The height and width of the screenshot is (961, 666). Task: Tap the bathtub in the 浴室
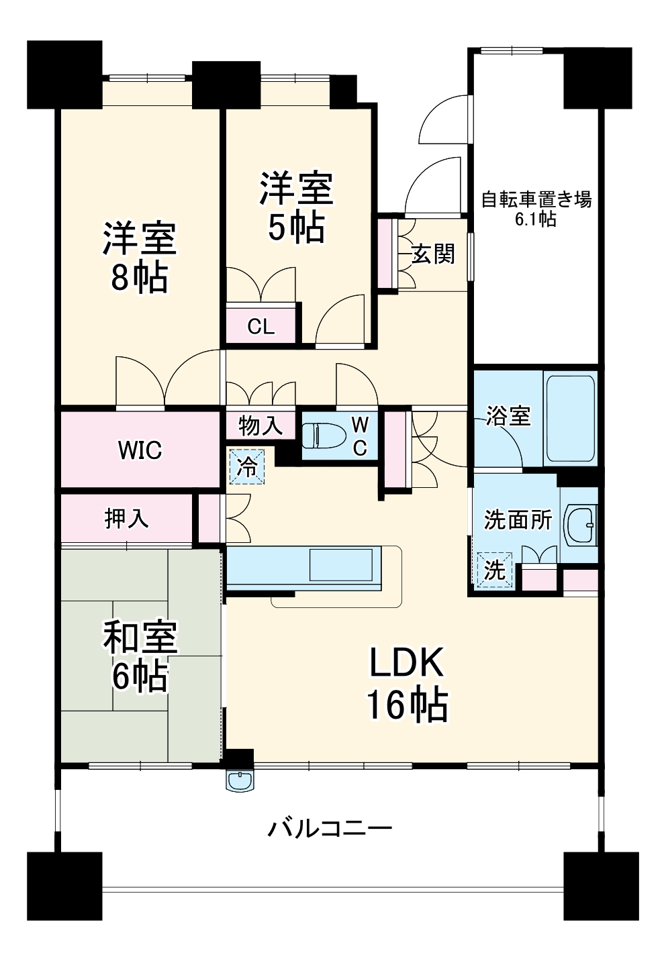point(571,417)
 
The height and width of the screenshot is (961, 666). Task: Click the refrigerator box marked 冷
point(247,466)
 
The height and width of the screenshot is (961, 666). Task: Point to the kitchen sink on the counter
point(341,564)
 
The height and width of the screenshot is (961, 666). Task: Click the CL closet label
point(260,327)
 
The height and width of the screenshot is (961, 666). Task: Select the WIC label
point(140,450)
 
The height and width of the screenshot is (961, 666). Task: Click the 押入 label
point(127,519)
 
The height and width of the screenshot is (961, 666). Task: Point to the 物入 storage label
point(260,426)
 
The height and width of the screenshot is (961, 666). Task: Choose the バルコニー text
point(330,827)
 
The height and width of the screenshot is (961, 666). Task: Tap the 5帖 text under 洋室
point(297,227)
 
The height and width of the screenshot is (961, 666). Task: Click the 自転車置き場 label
point(536,200)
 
